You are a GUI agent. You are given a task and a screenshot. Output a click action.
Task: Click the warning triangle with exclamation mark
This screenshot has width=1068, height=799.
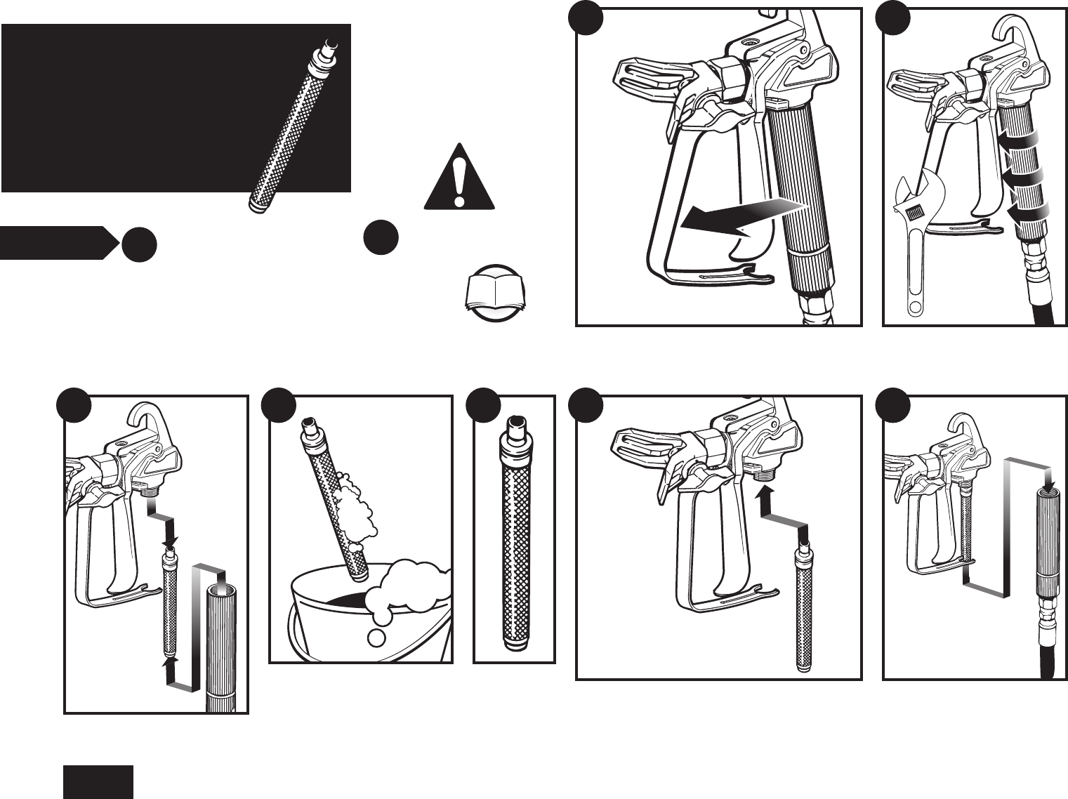click(x=459, y=178)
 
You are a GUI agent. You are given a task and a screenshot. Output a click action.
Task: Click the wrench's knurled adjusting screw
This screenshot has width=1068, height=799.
click(x=914, y=212)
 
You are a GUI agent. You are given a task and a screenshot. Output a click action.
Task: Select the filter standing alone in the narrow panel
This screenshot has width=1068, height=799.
click(x=513, y=541)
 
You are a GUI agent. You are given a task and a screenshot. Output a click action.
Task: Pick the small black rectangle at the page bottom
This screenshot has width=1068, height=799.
click(x=98, y=781)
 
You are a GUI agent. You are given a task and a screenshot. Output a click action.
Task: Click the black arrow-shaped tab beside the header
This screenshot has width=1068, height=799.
click(x=56, y=243)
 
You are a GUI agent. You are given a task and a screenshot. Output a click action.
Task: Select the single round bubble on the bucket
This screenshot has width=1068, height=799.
click(x=376, y=638)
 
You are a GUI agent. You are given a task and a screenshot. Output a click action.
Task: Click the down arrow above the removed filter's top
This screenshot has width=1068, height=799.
click(x=171, y=539)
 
